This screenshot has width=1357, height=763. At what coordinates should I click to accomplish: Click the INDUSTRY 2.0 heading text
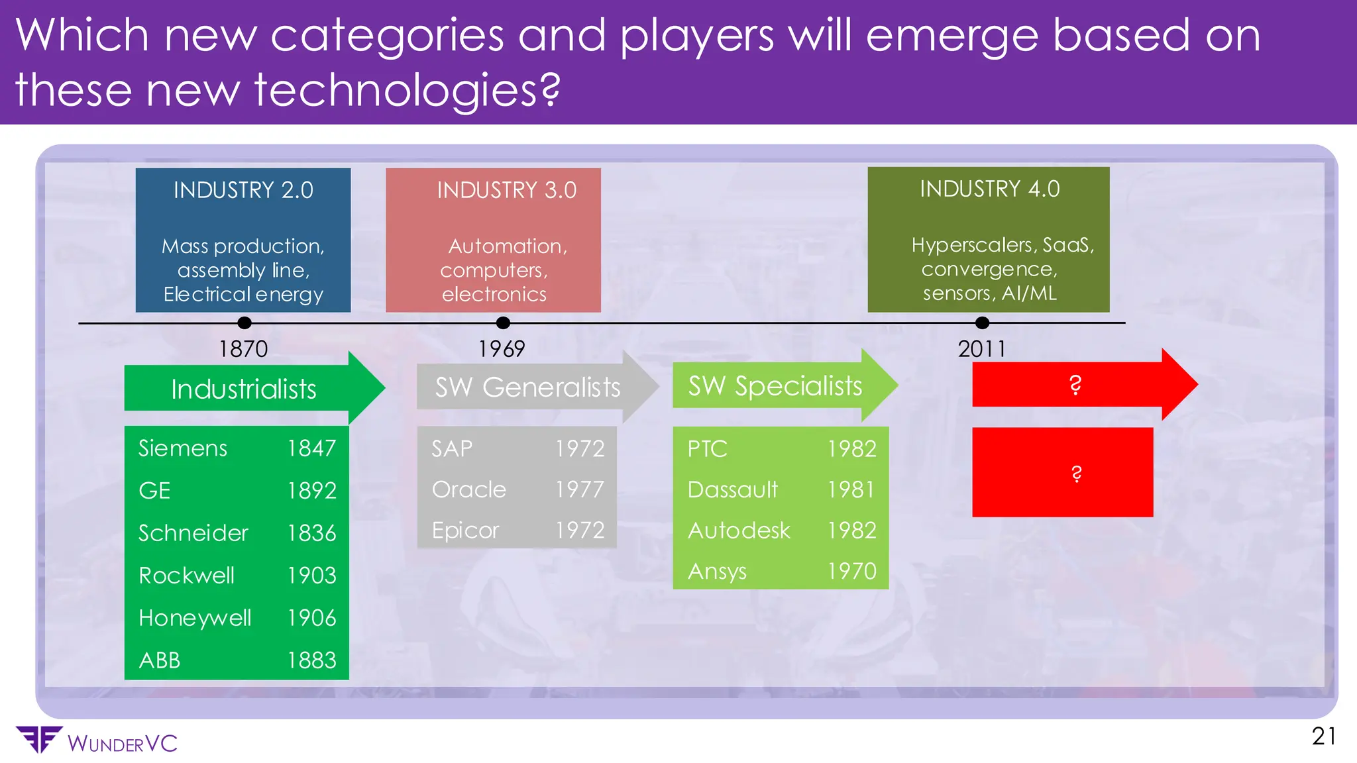tap(243, 190)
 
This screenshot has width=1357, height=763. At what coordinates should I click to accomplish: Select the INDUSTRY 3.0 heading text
tap(506, 190)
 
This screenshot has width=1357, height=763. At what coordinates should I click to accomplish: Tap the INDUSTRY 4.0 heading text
tap(989, 189)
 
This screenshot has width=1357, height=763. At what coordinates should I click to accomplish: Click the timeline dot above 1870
tap(244, 323)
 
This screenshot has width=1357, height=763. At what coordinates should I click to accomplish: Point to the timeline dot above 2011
tap(982, 323)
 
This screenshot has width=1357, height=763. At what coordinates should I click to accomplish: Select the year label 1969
tap(502, 348)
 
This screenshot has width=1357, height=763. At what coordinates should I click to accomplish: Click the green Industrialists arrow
tap(244, 389)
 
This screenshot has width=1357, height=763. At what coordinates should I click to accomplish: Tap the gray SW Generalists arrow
tap(527, 387)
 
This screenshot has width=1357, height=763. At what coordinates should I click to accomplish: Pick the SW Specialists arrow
tap(775, 385)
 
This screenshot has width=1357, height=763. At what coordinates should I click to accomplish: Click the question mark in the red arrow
tap(1075, 385)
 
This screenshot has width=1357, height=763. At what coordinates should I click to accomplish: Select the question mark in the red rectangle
tap(1076, 473)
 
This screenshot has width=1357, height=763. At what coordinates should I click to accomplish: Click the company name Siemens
tap(183, 448)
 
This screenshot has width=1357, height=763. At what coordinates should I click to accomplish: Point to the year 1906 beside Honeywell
tap(311, 618)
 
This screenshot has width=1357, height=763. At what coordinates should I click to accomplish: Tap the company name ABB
tap(160, 660)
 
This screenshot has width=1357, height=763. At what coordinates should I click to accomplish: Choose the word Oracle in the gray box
tap(469, 489)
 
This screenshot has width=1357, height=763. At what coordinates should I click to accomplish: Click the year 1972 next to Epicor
tap(580, 531)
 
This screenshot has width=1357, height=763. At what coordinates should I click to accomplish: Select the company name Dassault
tap(732, 489)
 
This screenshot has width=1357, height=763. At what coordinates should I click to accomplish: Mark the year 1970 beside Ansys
tap(851, 571)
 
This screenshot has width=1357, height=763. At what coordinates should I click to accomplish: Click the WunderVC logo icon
tap(38, 739)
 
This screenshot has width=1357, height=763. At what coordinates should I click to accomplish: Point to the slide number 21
tap(1323, 737)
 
